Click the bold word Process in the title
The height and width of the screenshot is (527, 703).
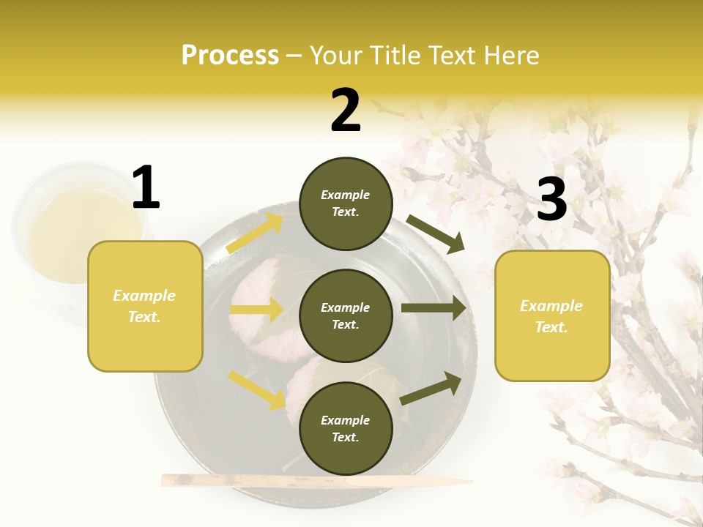pyautogui.click(x=230, y=55)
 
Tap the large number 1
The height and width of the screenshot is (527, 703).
pyautogui.click(x=146, y=187)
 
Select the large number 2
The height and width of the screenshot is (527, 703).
pyautogui.click(x=346, y=111)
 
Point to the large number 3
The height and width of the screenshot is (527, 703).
pyautogui.click(x=551, y=199)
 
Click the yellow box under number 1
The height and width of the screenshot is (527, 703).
pyautogui.click(x=145, y=306)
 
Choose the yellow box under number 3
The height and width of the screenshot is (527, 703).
pyautogui.click(x=552, y=316)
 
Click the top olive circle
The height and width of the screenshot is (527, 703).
pyautogui.click(x=346, y=203)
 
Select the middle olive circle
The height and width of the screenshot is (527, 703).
pyautogui.click(x=346, y=315)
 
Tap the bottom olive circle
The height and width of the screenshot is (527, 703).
pyautogui.click(x=346, y=428)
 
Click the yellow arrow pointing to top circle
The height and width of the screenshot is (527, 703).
pyautogui.click(x=255, y=233)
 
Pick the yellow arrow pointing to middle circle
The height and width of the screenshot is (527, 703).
pyautogui.click(x=256, y=310)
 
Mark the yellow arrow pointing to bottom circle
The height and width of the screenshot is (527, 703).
pyautogui.click(x=256, y=389)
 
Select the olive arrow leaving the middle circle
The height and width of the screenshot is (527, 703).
pyautogui.click(x=434, y=308)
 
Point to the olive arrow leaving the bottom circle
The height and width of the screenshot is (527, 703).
pyautogui.click(x=431, y=388)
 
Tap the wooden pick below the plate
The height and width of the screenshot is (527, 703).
pyautogui.click(x=315, y=481)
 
